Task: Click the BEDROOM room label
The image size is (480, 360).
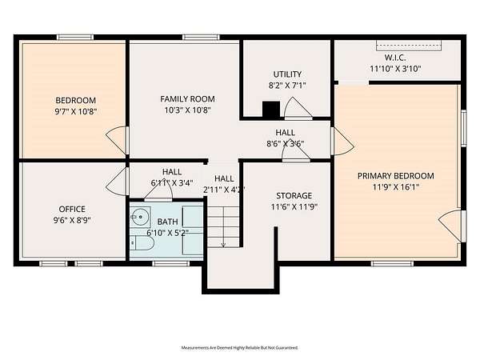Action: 76,101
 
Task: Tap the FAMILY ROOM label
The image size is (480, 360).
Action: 187,99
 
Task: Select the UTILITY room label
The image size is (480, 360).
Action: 287,74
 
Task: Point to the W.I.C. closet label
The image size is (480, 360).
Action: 395,58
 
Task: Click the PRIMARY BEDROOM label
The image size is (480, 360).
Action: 395,176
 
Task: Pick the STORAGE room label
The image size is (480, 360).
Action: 294,196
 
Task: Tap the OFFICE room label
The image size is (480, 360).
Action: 72,210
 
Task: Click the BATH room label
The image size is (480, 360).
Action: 167,222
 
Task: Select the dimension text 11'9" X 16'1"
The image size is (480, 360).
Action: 395,187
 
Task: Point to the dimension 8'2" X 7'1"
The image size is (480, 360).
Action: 287,86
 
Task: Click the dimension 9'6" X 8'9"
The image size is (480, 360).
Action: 72,221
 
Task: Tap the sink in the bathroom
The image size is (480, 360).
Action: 140,217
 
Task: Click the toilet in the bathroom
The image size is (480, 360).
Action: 142,243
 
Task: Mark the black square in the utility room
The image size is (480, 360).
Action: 271,109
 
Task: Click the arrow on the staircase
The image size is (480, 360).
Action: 223,227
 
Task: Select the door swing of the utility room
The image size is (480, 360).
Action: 298,108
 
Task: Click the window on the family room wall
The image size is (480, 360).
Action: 201,38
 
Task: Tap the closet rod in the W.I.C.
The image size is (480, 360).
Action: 409,46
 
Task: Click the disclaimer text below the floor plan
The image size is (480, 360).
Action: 240,348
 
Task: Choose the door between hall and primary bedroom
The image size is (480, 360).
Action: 343,141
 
